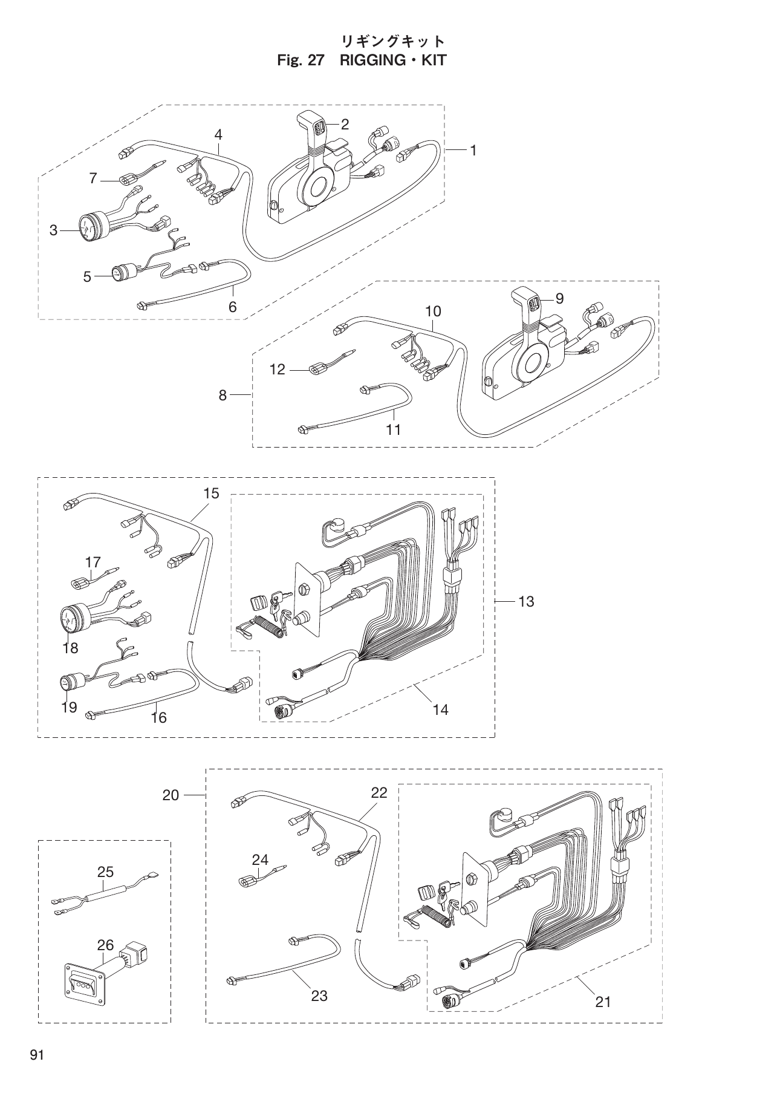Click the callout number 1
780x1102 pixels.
pyautogui.click(x=473, y=150)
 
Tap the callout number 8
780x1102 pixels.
pyautogui.click(x=223, y=395)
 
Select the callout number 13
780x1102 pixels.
pyautogui.click(x=526, y=601)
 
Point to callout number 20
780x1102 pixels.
pyautogui.click(x=171, y=795)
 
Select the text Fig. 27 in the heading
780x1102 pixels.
pyautogui.click(x=301, y=60)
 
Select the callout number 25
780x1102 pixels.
pyautogui.click(x=105, y=872)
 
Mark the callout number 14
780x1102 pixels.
pyautogui.click(x=440, y=709)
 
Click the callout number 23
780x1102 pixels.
pyautogui.click(x=319, y=995)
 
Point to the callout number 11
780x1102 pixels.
pyautogui.click(x=394, y=429)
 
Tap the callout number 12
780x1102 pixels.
pyautogui.click(x=277, y=369)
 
